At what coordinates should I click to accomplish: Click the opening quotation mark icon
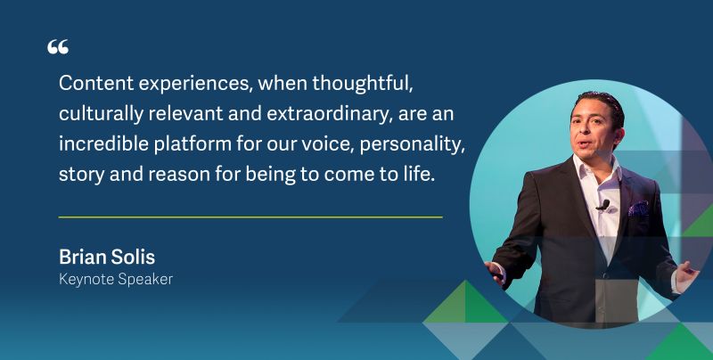click(x=58, y=46)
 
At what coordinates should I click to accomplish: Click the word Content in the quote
click(x=96, y=83)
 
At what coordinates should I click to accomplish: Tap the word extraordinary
click(x=326, y=115)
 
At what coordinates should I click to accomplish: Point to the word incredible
click(x=104, y=143)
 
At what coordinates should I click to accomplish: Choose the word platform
click(x=193, y=144)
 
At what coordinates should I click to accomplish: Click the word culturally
click(x=101, y=115)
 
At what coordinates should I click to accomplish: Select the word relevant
click(x=185, y=114)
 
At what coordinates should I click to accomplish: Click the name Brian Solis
click(x=107, y=258)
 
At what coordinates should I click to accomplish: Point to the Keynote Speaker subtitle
click(x=116, y=279)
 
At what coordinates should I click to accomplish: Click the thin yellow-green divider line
click(x=250, y=217)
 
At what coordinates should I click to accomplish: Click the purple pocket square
click(x=638, y=209)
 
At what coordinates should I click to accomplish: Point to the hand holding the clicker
click(x=496, y=273)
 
